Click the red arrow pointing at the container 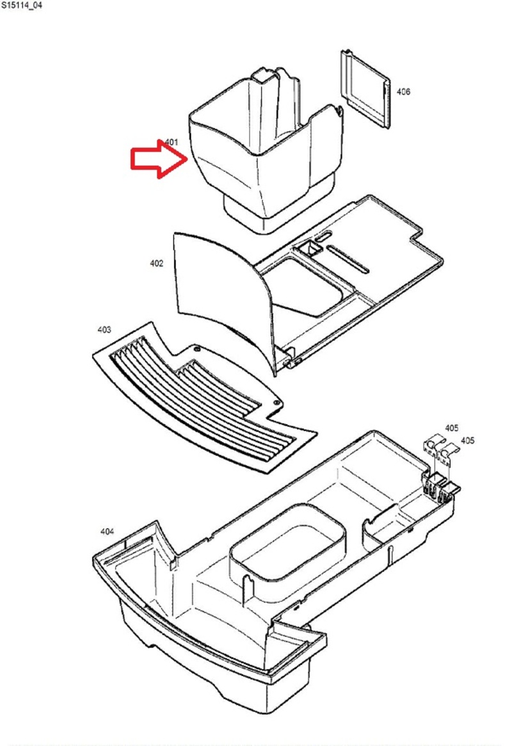coord(159,158)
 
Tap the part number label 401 coord(171,142)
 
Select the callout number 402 coord(156,263)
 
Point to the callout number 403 coord(104,329)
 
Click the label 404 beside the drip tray coord(107,531)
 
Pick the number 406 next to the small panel coord(403,92)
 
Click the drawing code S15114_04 coord(21,6)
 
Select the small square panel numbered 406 coord(365,88)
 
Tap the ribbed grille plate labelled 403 coord(204,400)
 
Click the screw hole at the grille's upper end coord(197,348)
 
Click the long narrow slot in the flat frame coord(348,259)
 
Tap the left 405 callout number coord(452,428)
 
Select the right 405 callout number coord(467,441)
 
